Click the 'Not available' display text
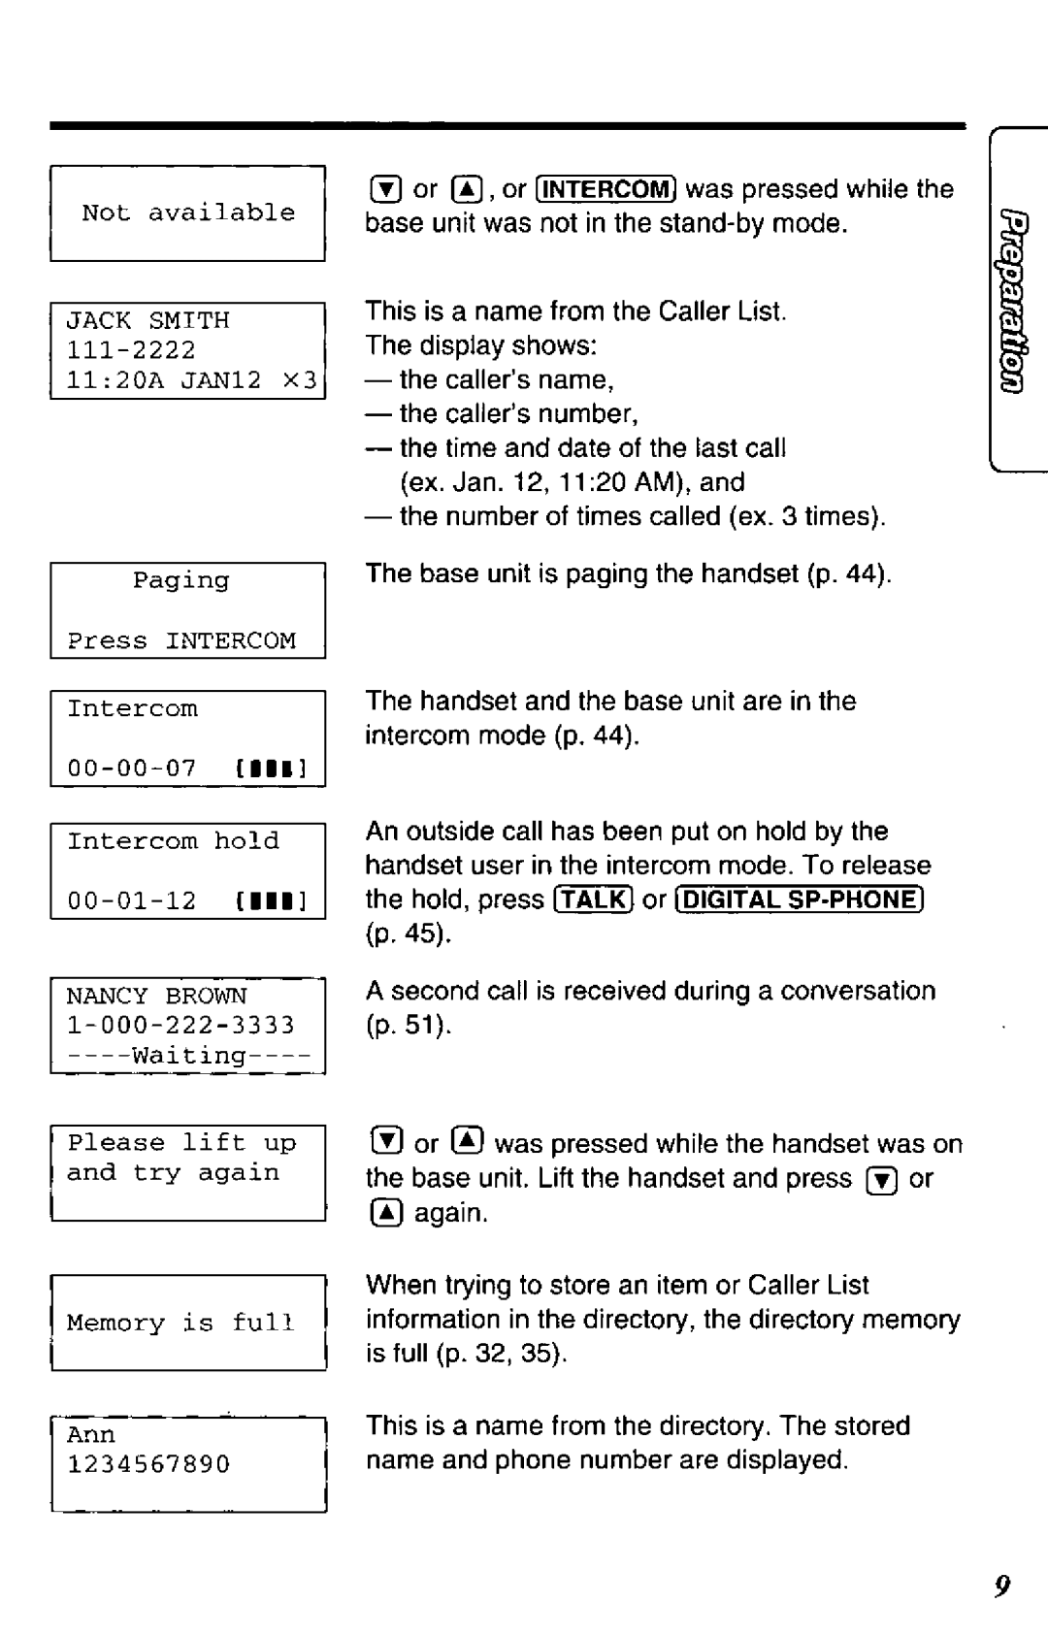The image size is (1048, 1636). point(188,213)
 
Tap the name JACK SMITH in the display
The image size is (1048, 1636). point(147,320)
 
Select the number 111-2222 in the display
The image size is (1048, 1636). point(131,349)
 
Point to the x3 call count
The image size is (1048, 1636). point(300,380)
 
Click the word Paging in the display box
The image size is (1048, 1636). point(181,580)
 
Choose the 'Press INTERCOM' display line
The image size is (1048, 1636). point(181,641)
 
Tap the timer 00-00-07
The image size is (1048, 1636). point(131,769)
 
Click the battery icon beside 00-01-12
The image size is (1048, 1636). point(271,901)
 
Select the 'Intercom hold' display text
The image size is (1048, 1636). point(173,840)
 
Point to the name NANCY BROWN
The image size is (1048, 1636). point(156,997)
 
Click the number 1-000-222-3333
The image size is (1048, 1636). point(180,1026)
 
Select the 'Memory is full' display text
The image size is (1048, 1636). point(180,1323)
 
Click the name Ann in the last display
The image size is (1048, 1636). point(90,1434)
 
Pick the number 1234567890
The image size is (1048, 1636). point(148,1463)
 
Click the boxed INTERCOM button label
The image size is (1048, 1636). point(606,188)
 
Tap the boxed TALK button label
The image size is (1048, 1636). point(593,900)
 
